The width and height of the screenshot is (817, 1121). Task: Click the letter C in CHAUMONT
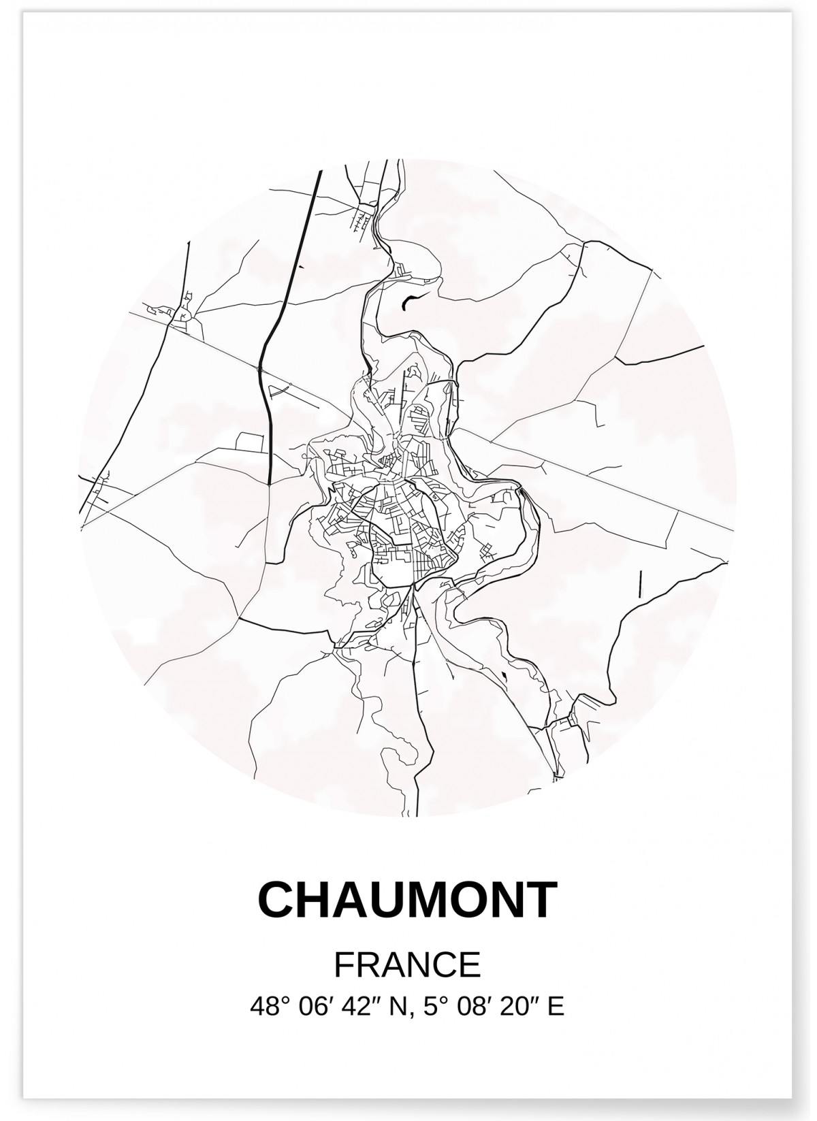click(x=277, y=900)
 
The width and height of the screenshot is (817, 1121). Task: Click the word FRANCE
click(x=408, y=964)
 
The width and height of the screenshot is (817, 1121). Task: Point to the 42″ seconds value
click(x=356, y=1007)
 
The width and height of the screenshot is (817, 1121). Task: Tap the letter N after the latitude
click(x=393, y=1007)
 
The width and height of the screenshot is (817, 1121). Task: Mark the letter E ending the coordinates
click(x=556, y=1007)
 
